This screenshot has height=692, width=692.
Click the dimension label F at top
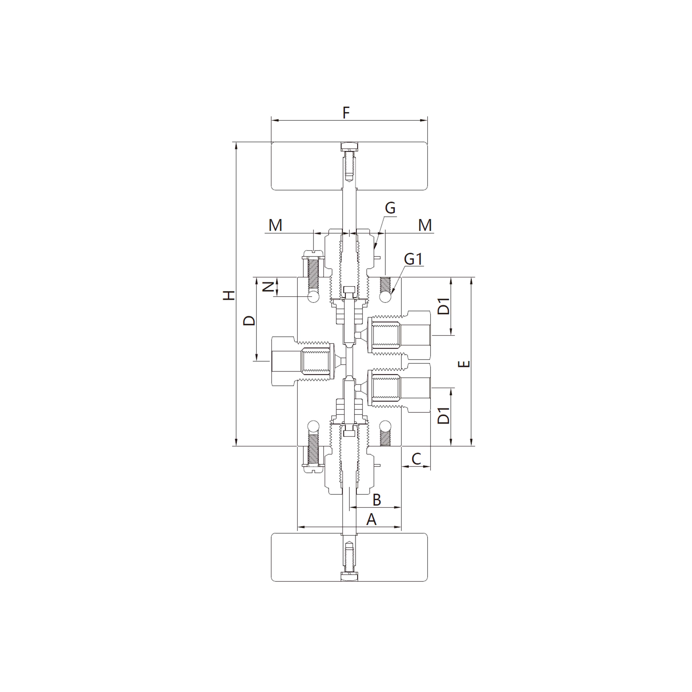tap(346, 113)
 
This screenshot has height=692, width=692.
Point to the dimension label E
tap(464, 364)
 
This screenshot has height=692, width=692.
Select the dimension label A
tap(371, 519)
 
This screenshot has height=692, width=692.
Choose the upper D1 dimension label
tap(444, 306)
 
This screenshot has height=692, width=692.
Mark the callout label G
tap(390, 208)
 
